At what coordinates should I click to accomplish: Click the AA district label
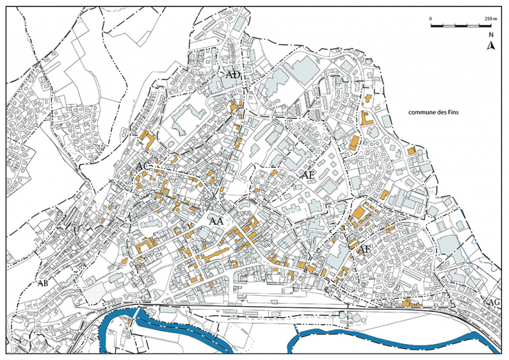(x=216, y=221)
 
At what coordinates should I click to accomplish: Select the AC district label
(x=143, y=168)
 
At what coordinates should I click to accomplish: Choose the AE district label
(x=308, y=175)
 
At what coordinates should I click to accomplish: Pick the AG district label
(x=493, y=303)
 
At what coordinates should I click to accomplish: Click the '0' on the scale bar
(x=430, y=18)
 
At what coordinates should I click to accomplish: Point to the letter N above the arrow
(x=490, y=35)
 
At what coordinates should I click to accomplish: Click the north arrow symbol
(x=490, y=46)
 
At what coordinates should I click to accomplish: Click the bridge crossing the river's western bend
(x=135, y=314)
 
